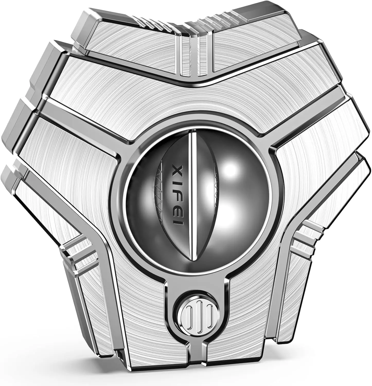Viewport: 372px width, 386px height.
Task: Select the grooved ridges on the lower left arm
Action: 77,253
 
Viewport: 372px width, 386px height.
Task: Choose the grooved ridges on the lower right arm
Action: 306,241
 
